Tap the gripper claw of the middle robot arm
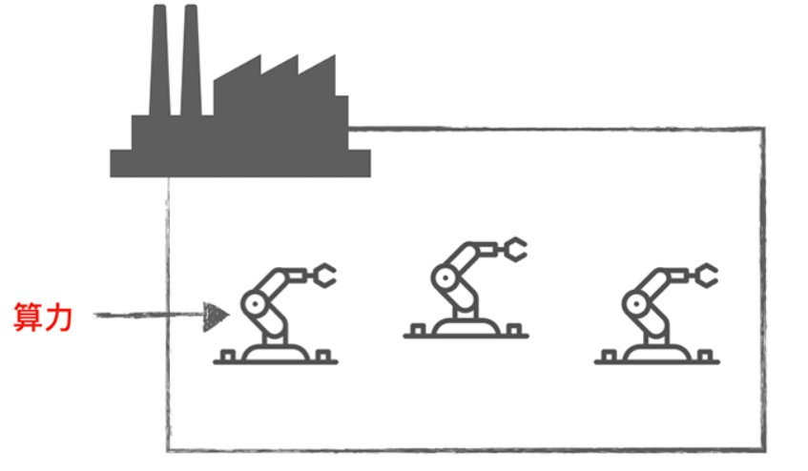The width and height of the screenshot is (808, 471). coord(513,250)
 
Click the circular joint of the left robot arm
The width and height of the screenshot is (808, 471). coord(254,304)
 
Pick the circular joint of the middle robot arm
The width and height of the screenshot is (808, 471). coord(444,278)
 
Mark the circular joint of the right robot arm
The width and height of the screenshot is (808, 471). coord(634,304)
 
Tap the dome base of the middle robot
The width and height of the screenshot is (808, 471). coord(466,327)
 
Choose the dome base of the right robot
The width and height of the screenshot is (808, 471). coord(656,353)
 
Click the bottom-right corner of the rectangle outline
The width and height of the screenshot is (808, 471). coord(764,448)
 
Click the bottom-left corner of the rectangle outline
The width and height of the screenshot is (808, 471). coord(169,448)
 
